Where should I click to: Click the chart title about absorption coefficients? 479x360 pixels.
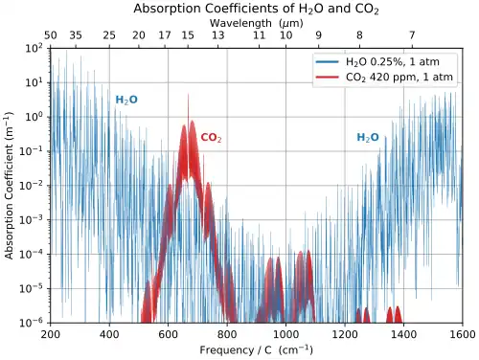pyautogui.click(x=256, y=9)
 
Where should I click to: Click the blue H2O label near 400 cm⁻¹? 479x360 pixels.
pyautogui.click(x=126, y=100)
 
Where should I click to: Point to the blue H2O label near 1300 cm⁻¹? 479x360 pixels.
pyautogui.click(x=368, y=138)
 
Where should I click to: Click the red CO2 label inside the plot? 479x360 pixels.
pyautogui.click(x=211, y=138)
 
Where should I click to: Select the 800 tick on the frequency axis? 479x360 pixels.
pyautogui.click(x=227, y=334)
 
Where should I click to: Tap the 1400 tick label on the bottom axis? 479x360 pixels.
pyautogui.click(x=403, y=334)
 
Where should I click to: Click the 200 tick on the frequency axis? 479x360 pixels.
pyautogui.click(x=51, y=334)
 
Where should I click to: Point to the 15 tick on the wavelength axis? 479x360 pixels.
pyautogui.click(x=189, y=35)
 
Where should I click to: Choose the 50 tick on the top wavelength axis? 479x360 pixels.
pyautogui.click(x=51, y=35)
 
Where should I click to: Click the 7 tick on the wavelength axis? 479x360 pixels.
pyautogui.click(x=412, y=35)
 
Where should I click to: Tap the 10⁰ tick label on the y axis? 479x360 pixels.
pyautogui.click(x=32, y=117)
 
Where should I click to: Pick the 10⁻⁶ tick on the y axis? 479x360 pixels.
pyautogui.click(x=31, y=323)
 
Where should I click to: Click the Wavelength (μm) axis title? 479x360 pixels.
pyautogui.click(x=256, y=22)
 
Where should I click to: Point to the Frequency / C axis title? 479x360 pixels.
pyautogui.click(x=256, y=349)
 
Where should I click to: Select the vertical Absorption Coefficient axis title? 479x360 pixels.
pyautogui.click(x=10, y=185)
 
